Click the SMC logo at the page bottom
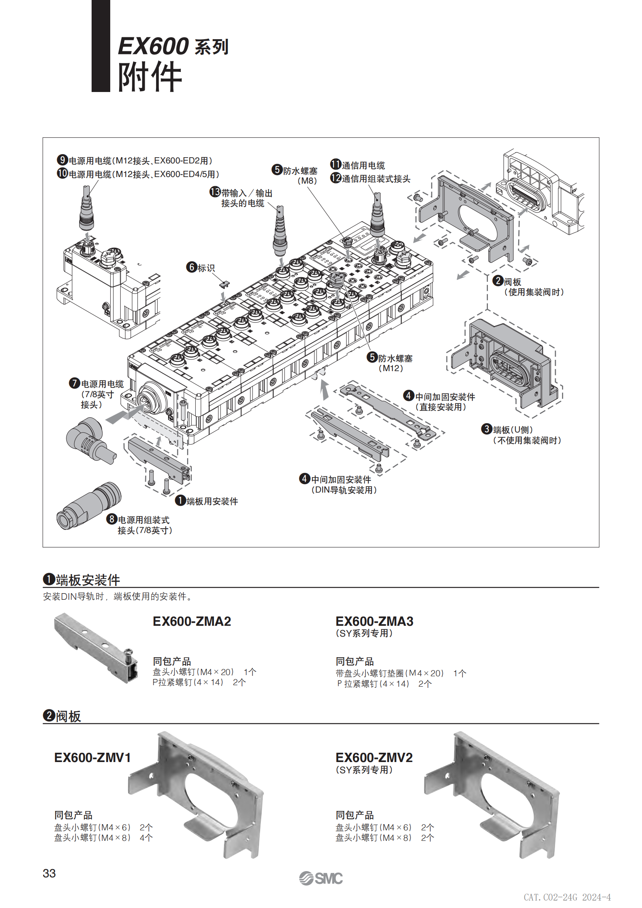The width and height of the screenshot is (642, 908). (x=321, y=878)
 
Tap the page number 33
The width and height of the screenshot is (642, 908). (x=49, y=873)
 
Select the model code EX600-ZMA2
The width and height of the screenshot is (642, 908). (x=192, y=621)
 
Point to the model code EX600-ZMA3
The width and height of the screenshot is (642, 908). (x=374, y=621)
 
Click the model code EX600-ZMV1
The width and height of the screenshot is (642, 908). (x=92, y=757)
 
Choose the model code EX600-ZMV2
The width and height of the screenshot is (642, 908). (x=374, y=757)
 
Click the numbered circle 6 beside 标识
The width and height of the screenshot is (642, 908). (x=192, y=267)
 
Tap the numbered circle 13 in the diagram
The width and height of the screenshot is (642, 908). (x=215, y=192)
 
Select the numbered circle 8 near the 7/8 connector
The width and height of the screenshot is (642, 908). (x=112, y=519)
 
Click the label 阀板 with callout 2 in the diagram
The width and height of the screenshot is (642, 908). (x=512, y=282)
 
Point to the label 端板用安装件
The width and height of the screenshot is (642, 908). (x=212, y=502)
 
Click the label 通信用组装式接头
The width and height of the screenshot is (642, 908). (x=376, y=179)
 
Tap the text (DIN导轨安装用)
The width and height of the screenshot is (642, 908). (x=344, y=490)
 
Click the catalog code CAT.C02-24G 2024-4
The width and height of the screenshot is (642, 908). (x=567, y=897)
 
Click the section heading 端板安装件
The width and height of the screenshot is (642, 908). (x=88, y=580)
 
